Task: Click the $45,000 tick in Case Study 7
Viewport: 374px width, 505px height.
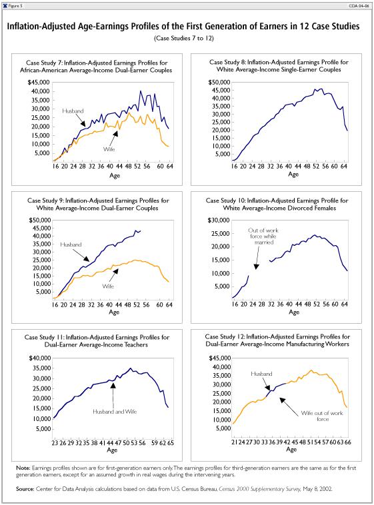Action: [x=39, y=83]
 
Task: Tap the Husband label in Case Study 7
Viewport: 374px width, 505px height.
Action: [x=73, y=111]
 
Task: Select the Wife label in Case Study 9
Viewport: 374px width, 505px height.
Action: [x=108, y=286]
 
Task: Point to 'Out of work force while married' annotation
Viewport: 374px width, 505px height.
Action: [x=263, y=237]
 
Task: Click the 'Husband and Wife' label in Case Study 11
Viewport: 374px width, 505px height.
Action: [x=115, y=412]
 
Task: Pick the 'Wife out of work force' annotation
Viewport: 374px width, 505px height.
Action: [x=322, y=416]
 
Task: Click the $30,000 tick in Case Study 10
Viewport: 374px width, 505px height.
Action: [x=218, y=221]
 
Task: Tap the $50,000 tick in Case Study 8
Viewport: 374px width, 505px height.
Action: [x=219, y=83]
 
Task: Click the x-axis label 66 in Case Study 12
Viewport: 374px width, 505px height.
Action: [x=347, y=442]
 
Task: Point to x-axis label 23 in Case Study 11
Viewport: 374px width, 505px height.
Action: [x=55, y=443]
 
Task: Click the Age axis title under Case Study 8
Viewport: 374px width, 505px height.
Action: [x=293, y=175]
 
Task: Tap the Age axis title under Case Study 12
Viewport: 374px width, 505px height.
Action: [x=291, y=450]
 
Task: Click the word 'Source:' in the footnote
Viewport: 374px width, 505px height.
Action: [x=25, y=489]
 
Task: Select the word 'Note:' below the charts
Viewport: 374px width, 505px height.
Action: [x=23, y=468]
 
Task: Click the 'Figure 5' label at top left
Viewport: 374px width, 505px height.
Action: [x=15, y=6]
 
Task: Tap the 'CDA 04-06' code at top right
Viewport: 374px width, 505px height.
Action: [x=359, y=6]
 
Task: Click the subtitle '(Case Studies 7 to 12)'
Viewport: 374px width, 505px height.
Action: [x=184, y=39]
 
